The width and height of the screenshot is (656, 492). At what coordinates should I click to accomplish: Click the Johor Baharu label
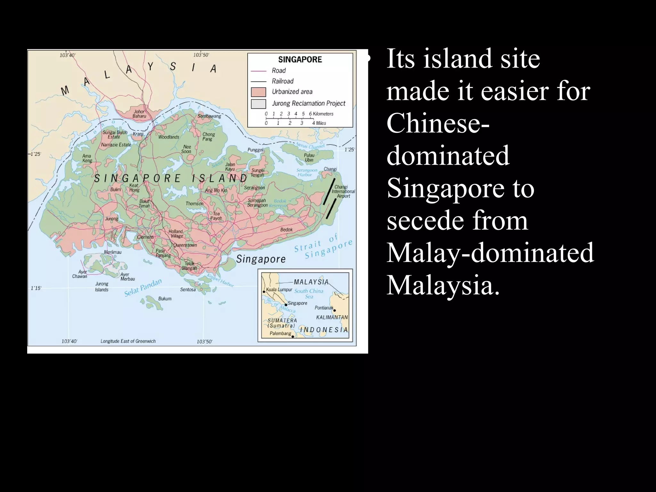(139, 114)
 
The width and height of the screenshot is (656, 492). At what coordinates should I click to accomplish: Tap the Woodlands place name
(169, 137)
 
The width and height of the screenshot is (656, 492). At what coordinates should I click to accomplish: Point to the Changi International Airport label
(343, 191)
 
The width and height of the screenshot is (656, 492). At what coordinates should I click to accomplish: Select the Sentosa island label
(188, 290)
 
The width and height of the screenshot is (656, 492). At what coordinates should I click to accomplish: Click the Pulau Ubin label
(309, 158)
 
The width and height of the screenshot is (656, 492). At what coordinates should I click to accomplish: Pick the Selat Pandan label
(143, 288)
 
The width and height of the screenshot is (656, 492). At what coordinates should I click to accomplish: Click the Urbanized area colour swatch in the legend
(258, 92)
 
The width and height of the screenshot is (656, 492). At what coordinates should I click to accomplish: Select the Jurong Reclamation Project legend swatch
(258, 104)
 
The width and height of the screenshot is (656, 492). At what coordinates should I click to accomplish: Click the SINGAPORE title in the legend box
(300, 60)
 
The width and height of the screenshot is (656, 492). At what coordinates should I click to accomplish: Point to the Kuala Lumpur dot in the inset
(264, 291)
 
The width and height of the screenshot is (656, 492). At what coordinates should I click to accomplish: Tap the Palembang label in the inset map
(280, 333)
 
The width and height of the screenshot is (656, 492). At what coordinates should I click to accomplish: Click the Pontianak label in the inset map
(324, 308)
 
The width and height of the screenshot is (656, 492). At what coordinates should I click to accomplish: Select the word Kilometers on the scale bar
(323, 114)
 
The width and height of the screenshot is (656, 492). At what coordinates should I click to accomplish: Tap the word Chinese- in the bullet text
(438, 123)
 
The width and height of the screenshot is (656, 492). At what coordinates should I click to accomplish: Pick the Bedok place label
(286, 230)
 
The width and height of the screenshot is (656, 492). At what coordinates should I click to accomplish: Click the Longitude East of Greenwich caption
(128, 341)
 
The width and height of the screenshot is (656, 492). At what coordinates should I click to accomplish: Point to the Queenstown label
(185, 245)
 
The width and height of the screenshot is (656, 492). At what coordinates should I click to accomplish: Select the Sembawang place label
(209, 116)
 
